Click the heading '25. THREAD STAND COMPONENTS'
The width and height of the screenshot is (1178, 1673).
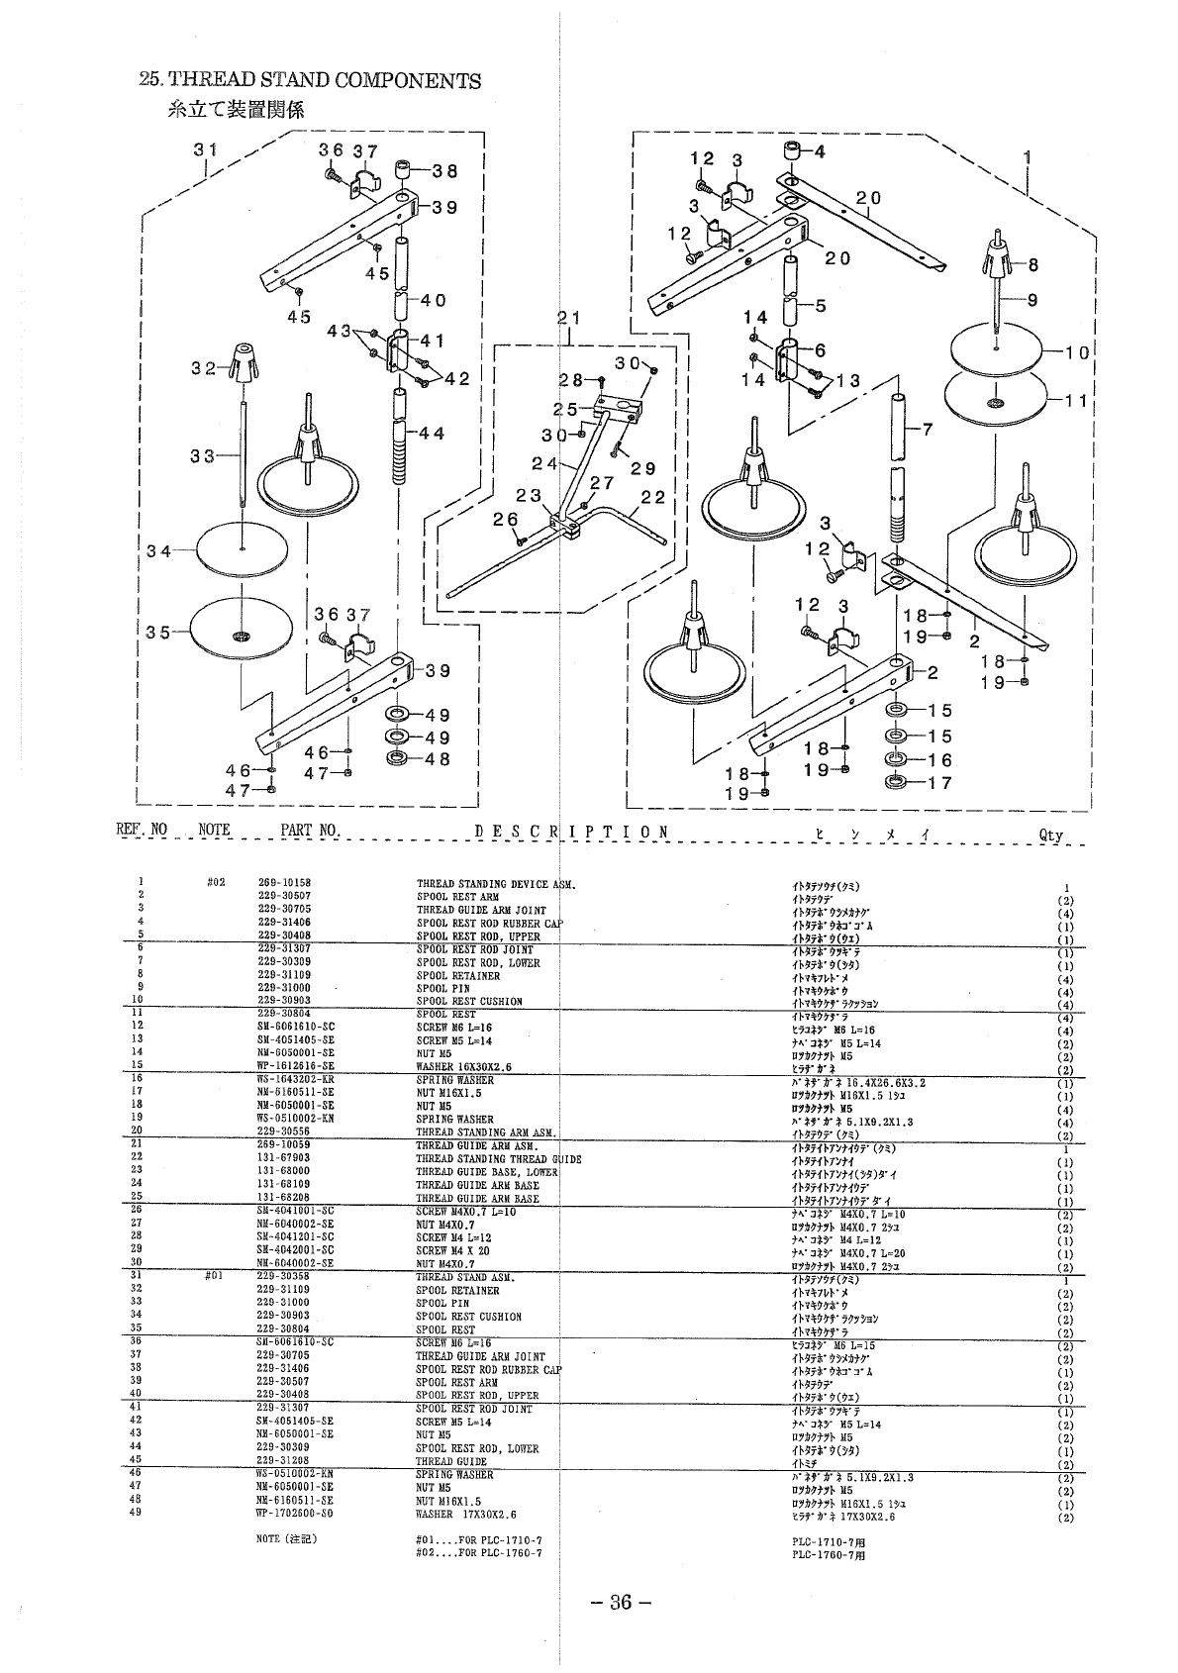pos(311,80)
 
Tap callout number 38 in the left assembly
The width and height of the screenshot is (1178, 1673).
pos(444,170)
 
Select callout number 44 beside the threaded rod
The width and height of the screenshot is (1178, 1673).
pos(433,433)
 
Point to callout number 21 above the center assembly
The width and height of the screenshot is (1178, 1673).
pos(568,318)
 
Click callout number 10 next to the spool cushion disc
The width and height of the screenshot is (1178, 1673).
pos(1078,351)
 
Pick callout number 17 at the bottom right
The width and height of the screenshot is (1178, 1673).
pos(940,783)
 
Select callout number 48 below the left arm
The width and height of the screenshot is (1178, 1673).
pos(438,759)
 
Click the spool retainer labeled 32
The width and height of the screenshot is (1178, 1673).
pos(241,362)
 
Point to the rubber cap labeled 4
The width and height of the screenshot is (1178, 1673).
pos(793,153)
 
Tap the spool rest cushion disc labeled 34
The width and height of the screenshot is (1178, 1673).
pos(242,547)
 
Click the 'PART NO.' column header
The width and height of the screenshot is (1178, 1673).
pos(310,831)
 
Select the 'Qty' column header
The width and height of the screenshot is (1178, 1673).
pos(1051,835)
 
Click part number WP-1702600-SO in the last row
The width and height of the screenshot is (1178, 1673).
pos(294,1514)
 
